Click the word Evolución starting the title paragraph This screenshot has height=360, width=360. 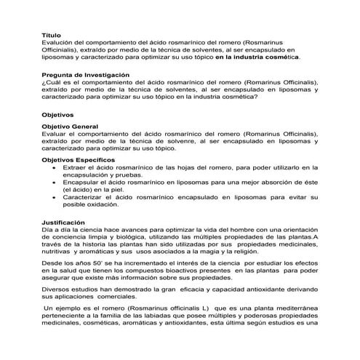click(x=58, y=42)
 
